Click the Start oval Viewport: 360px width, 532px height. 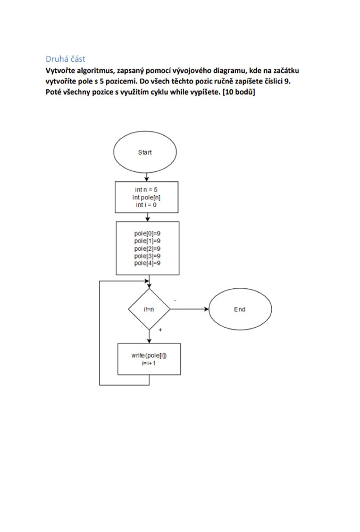[x=145, y=152]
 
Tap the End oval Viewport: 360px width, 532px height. [x=240, y=309]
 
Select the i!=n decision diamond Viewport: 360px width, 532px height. [x=149, y=309]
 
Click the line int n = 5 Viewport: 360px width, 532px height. [x=146, y=190]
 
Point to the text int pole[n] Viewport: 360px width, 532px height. [x=146, y=197]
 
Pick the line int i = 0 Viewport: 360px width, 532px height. [x=146, y=205]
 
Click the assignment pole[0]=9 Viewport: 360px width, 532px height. [x=147, y=234]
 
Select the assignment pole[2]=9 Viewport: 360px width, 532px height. [x=147, y=248]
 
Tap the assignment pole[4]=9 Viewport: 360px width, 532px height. [x=147, y=263]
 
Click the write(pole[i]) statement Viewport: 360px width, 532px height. [x=149, y=355]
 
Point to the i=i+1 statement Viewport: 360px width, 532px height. [x=149, y=363]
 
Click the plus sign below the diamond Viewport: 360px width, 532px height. [x=161, y=329]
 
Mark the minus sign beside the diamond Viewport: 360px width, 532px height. [x=175, y=301]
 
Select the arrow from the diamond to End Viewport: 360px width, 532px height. [x=189, y=309]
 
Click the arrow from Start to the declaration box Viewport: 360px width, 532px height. [x=146, y=177]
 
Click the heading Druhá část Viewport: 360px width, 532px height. [x=65, y=59]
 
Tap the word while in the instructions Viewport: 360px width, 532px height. [x=178, y=92]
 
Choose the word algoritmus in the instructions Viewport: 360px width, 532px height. [x=94, y=71]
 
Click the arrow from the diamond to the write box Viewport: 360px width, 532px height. [x=149, y=336]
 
